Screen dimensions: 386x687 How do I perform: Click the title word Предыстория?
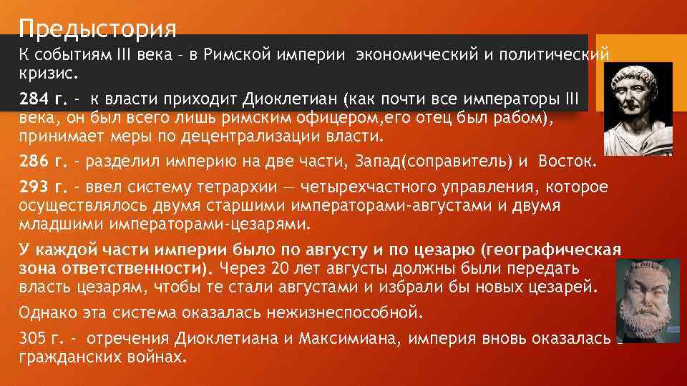pos(98,29)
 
